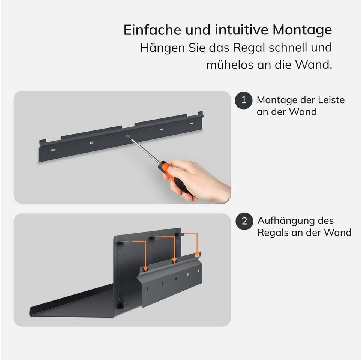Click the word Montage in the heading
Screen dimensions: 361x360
tap(302, 30)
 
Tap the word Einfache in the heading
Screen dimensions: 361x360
tap(153, 30)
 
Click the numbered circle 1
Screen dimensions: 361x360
tap(244, 100)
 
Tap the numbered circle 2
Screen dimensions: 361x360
tap(244, 221)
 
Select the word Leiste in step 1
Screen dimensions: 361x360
tap(331, 100)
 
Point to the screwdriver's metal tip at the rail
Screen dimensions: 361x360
tap(127, 136)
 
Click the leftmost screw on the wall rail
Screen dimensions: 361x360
tap(53, 150)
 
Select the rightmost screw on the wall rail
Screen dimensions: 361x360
tap(192, 124)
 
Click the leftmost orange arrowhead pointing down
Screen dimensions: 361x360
tap(145, 268)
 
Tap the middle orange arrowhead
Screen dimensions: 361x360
tap(175, 260)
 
